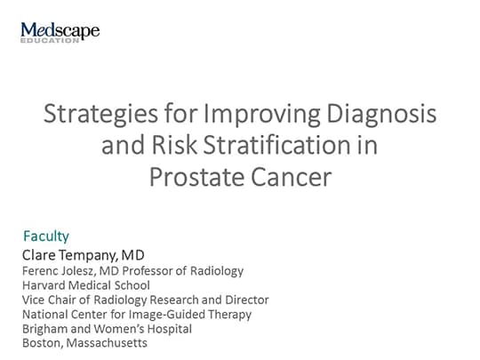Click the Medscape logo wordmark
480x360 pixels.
pyautogui.click(x=60, y=30)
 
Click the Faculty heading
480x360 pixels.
pyautogui.click(x=46, y=236)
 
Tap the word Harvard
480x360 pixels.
pyautogui.click(x=45, y=285)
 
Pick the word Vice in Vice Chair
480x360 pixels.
pyautogui.click(x=35, y=300)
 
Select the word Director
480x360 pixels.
pyautogui.click(x=246, y=300)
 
